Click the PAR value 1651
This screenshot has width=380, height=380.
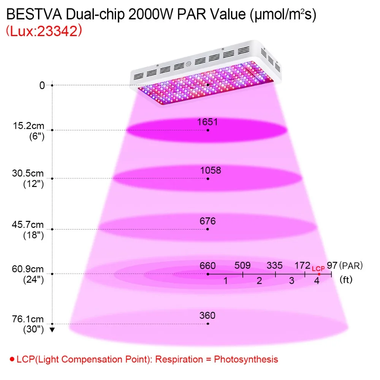[207, 122]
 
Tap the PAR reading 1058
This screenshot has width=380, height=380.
[211, 170]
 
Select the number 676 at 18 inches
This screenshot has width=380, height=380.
[208, 221]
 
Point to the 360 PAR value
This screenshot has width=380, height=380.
[207, 315]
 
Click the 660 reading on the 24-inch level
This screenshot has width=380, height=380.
[207, 265]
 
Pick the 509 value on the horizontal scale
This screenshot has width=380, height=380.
[242, 265]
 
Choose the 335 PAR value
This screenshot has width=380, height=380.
[275, 265]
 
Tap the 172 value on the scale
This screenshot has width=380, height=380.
[303, 265]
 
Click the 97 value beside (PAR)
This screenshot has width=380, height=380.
[332, 264]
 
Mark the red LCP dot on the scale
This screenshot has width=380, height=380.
[319, 274]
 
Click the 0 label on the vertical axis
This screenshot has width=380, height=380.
[42, 85]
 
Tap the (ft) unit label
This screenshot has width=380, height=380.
[346, 280]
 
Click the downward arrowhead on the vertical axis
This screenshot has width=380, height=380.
[52, 329]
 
